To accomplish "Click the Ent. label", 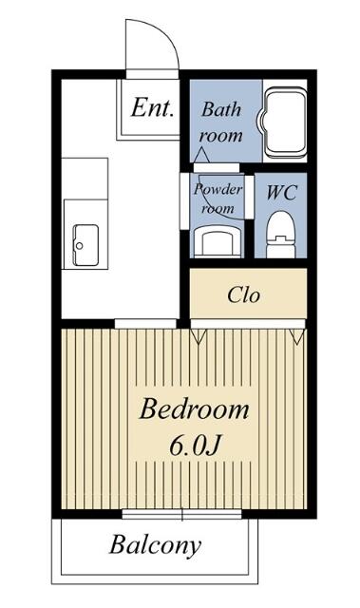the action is click(152, 107).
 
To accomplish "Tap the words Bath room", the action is click(221, 123).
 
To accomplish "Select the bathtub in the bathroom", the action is click(285, 123).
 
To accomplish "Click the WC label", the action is click(281, 192).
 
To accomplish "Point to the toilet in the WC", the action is click(281, 234).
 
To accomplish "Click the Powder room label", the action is click(218, 199).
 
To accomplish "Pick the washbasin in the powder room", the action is click(218, 241).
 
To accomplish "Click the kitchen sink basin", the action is click(85, 245).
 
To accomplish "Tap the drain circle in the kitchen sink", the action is click(80, 245).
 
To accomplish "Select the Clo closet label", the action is click(244, 295).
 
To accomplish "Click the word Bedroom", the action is click(194, 409).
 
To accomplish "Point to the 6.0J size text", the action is click(195, 446).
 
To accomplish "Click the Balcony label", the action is click(156, 546).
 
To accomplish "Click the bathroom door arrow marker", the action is click(201, 155).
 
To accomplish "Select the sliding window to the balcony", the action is click(181, 515).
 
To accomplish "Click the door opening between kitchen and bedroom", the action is click(145, 323).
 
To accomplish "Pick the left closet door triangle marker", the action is click(199, 336).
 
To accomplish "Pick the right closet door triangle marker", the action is click(297, 336).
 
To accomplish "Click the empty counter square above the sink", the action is click(85, 179).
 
